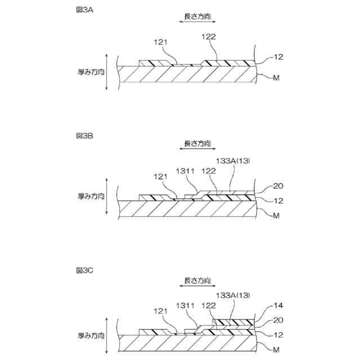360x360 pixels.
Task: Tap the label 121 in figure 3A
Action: point(161,43)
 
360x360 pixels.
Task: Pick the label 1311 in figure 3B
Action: point(185,170)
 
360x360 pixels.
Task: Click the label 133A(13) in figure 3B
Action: point(232,161)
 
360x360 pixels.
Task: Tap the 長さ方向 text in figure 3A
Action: point(196,17)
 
